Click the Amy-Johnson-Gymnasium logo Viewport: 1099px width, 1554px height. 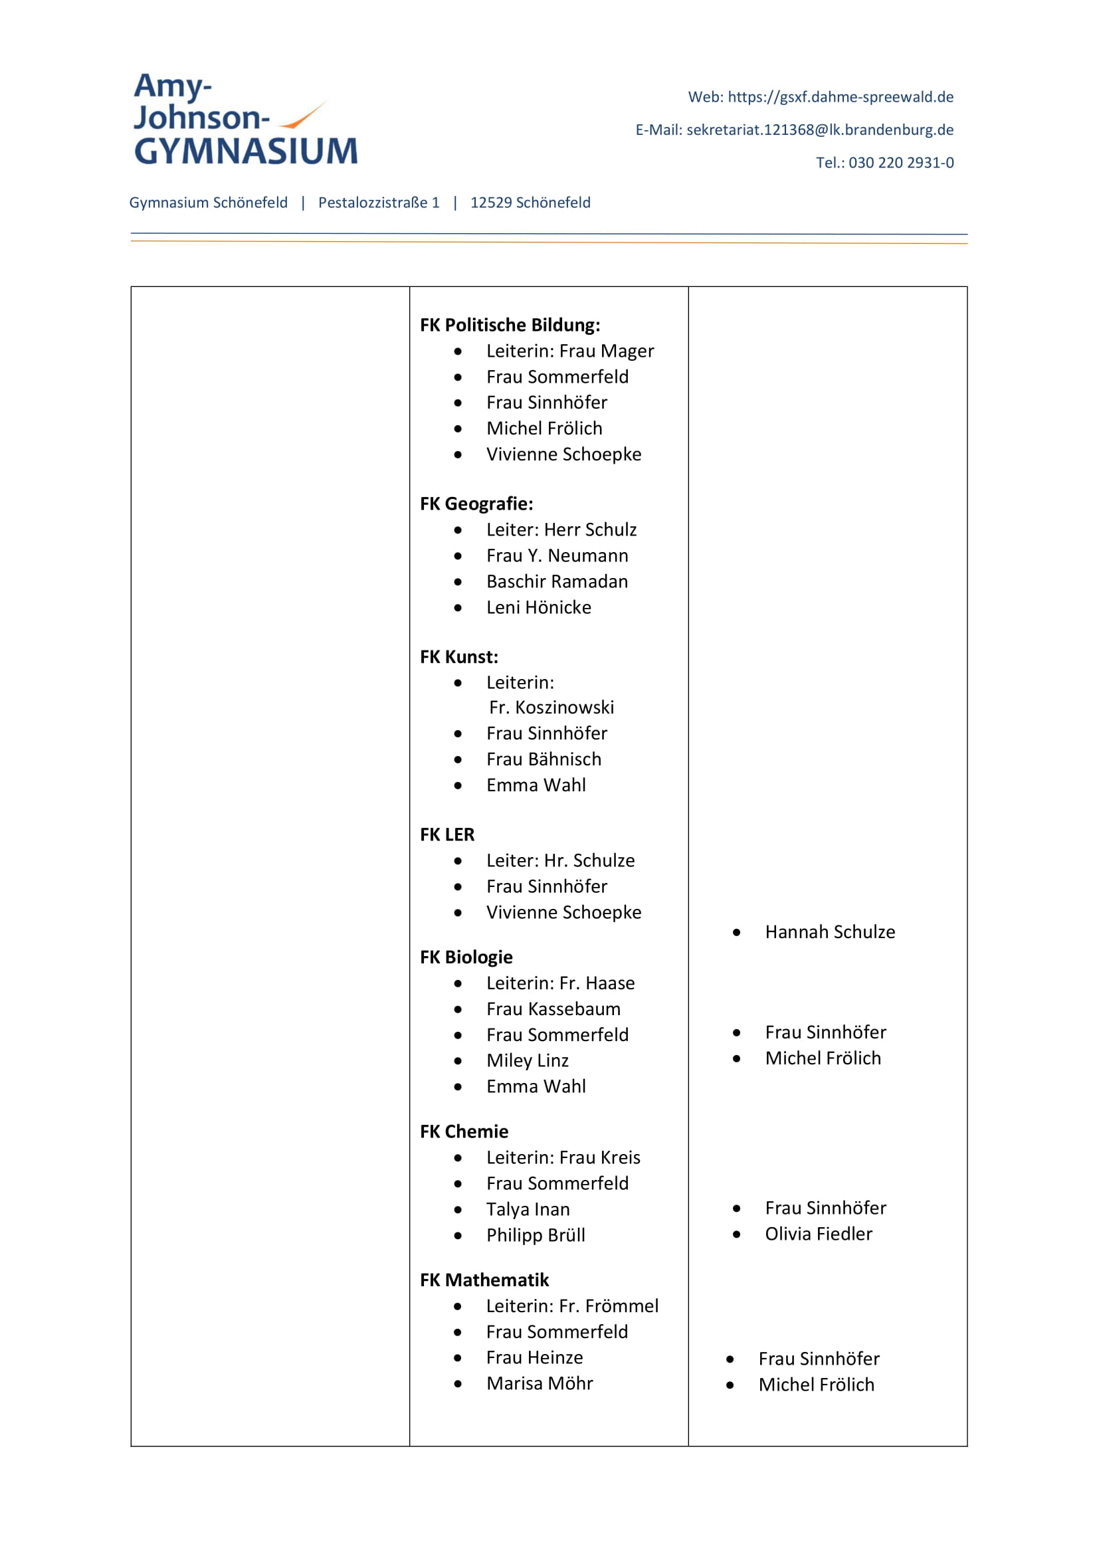(x=245, y=119)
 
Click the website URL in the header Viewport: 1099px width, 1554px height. (x=840, y=97)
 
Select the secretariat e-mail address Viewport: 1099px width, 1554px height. (x=819, y=130)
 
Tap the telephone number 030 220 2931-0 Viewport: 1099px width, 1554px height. (x=901, y=162)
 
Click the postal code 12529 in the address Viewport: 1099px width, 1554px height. (x=490, y=203)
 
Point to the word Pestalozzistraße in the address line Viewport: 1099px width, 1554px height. (x=373, y=203)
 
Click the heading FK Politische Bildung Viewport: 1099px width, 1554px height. (x=510, y=325)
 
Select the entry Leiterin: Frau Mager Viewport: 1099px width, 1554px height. (x=570, y=351)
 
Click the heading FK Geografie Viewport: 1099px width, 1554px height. (x=476, y=504)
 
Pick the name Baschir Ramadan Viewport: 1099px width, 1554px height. (x=557, y=581)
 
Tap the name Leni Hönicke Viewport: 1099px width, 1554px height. (x=539, y=607)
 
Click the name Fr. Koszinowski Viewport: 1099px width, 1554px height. (x=551, y=708)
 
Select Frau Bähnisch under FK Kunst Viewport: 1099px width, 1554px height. (x=544, y=759)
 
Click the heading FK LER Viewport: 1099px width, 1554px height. (x=447, y=834)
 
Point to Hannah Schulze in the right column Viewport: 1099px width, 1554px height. (x=830, y=932)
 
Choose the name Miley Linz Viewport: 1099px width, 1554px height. (x=527, y=1060)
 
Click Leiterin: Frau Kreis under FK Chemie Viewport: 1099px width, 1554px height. (x=563, y=1157)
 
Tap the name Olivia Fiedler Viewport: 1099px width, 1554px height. (x=818, y=1234)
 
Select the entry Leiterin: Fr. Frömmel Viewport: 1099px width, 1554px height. (x=572, y=1306)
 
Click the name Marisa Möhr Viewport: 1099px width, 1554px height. (x=540, y=1383)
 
